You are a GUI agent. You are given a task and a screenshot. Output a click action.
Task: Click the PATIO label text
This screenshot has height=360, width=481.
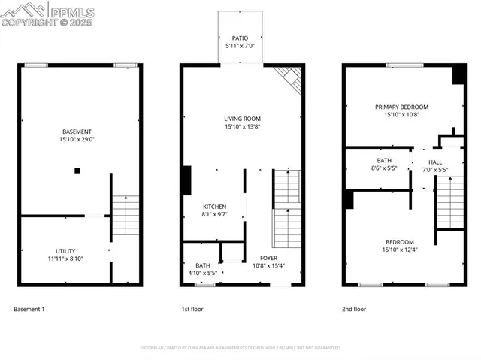pyautogui.click(x=240, y=38)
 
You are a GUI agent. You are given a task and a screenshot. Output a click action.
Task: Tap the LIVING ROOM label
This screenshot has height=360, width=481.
pyautogui.click(x=242, y=119)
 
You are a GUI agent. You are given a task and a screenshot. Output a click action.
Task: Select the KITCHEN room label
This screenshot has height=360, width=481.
pyautogui.click(x=214, y=207)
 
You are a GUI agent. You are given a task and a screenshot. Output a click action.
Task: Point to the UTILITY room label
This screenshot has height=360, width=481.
pyautogui.click(x=65, y=251)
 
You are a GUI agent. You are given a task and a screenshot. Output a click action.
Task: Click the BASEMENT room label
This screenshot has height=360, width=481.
pyautogui.click(x=77, y=132)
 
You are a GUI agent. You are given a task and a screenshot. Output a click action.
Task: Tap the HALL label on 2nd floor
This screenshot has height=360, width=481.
pyautogui.click(x=435, y=162)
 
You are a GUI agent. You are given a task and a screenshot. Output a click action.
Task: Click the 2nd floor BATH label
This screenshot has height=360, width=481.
pyautogui.click(x=384, y=161)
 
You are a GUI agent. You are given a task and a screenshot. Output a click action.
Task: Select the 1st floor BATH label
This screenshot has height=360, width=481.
pyautogui.click(x=203, y=265)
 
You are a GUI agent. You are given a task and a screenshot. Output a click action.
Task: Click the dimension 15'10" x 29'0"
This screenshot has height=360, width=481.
pyautogui.click(x=77, y=140)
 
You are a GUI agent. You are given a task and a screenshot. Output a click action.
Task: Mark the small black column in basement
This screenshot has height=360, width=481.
pyautogui.click(x=77, y=171)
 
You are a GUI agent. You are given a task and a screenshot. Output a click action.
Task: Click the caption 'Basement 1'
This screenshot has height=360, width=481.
pyautogui.click(x=29, y=309)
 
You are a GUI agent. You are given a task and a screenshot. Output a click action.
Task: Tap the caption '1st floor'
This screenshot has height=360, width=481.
pyautogui.click(x=192, y=309)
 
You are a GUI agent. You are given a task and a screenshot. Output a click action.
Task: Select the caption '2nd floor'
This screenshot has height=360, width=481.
pyautogui.click(x=354, y=309)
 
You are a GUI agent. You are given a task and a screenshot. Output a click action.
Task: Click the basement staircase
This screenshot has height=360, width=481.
pyautogui.click(x=126, y=215)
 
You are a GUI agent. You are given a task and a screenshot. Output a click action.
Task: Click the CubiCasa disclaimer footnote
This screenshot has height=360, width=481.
pyautogui.click(x=240, y=348)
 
